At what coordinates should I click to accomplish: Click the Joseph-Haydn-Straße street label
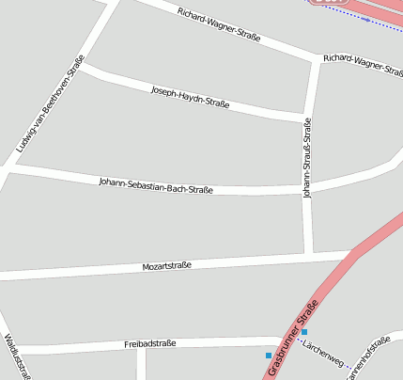coord(192,97)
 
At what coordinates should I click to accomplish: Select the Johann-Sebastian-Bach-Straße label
coord(156,184)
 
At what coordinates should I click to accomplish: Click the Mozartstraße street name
coord(167,266)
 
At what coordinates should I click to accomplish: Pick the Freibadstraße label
coord(150,344)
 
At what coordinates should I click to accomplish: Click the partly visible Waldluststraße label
coord(18,357)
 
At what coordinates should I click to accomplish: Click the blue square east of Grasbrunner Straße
coord(304,332)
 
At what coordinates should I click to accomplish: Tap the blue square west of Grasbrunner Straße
coord(269,355)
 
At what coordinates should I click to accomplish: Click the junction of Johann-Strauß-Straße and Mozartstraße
coord(308,254)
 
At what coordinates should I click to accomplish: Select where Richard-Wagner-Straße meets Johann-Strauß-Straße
coord(316,60)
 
